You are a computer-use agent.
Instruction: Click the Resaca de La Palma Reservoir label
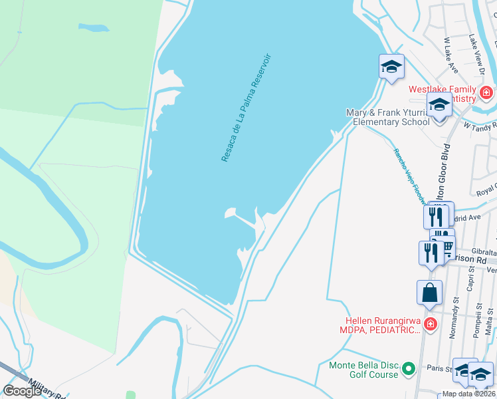[x=247, y=107]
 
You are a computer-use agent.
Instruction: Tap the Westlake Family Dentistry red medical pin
[x=486, y=92]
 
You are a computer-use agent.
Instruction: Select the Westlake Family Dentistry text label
[x=442, y=94]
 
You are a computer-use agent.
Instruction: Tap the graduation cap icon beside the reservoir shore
[x=391, y=66]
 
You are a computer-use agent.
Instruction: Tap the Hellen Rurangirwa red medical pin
[x=431, y=325]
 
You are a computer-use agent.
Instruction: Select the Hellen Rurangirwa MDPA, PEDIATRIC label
[x=381, y=325]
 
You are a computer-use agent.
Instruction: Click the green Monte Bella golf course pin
[x=409, y=368]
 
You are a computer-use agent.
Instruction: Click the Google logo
[x=22, y=391]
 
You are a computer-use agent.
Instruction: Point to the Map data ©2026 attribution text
[x=469, y=394]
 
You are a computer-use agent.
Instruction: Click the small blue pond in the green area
[x=93, y=28]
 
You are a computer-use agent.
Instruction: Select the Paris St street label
[x=440, y=368]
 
